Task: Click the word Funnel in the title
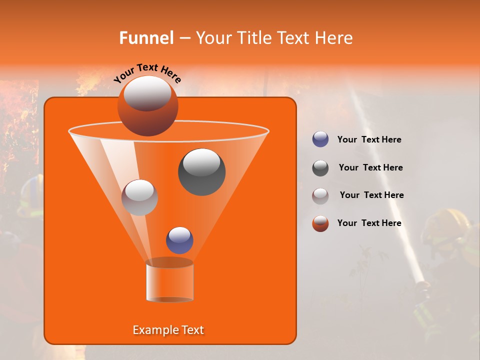[146, 38]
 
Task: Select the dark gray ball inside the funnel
[201, 172]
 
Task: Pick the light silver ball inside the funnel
[139, 197]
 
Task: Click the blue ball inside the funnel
[179, 240]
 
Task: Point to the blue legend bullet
[320, 139]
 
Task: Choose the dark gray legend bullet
[320, 168]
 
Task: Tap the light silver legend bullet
[320, 195]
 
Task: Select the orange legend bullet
[320, 223]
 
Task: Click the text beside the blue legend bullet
[369, 139]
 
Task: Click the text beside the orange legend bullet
[369, 223]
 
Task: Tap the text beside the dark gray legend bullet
[370, 167]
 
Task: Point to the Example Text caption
[168, 330]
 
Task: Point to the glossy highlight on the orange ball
[147, 93]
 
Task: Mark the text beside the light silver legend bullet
[371, 195]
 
